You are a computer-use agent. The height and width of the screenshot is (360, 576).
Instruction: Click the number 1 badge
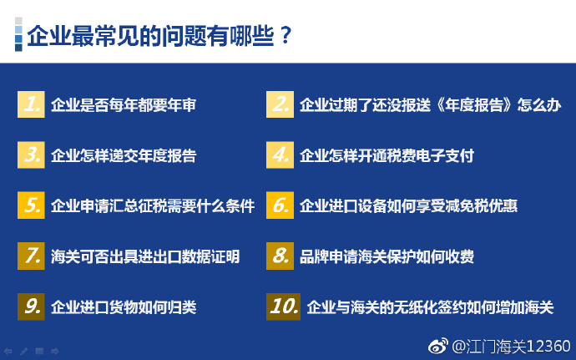point(31,104)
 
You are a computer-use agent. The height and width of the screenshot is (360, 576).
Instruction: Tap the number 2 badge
point(280,104)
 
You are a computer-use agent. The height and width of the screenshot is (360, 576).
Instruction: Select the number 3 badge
point(31,155)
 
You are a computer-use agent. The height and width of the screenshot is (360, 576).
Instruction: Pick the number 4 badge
point(280,155)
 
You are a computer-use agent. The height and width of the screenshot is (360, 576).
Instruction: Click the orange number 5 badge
point(31,205)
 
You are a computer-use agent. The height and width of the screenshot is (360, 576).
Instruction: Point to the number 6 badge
point(280,205)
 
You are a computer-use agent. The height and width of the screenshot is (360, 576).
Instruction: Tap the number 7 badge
point(31,256)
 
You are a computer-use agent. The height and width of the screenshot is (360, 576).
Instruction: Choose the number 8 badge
point(280,256)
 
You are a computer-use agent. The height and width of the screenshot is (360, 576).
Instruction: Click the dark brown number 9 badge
point(31,307)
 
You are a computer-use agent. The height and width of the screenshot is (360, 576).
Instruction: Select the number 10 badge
point(283,307)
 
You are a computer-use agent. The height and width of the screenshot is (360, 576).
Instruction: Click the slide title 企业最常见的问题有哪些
point(150,36)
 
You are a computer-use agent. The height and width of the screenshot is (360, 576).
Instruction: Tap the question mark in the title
point(285,36)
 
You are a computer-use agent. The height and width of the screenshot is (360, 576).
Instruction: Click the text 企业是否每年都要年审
point(124,104)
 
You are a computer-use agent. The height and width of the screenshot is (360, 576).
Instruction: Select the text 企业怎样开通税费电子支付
point(387,155)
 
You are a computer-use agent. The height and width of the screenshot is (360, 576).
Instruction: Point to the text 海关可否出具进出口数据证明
point(145,256)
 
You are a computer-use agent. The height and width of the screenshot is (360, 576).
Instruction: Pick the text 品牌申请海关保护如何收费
point(387,256)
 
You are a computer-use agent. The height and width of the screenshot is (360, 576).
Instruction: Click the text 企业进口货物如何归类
point(124,307)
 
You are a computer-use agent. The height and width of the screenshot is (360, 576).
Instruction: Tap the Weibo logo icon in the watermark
point(438,346)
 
